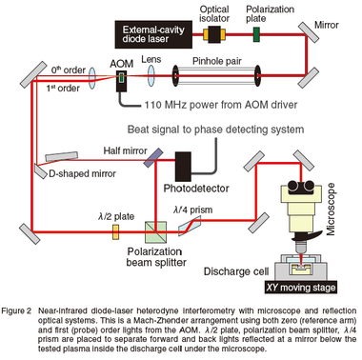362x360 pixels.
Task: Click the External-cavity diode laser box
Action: (x=153, y=34)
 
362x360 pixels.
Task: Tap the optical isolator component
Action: (x=214, y=34)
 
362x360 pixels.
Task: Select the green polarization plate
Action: (x=256, y=34)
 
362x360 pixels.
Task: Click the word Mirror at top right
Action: (x=327, y=25)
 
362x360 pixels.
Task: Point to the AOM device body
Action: (x=121, y=81)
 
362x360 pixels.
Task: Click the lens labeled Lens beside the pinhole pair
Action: (x=151, y=75)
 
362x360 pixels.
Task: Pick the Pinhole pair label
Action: (x=217, y=61)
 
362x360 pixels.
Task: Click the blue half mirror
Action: (x=153, y=157)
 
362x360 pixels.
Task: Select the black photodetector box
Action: (x=183, y=167)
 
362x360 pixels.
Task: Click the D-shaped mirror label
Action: (x=82, y=173)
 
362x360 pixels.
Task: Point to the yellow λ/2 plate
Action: (x=116, y=232)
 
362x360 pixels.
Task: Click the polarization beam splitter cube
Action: (x=155, y=232)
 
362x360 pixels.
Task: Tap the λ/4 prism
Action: (x=190, y=226)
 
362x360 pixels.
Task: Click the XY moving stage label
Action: (x=301, y=288)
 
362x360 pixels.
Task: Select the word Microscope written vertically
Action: (x=331, y=209)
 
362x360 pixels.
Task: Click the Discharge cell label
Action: (x=236, y=271)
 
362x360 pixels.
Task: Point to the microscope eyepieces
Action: (x=300, y=187)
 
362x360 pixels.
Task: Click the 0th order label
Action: (x=69, y=70)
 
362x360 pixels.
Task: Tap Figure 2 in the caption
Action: (x=16, y=310)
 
